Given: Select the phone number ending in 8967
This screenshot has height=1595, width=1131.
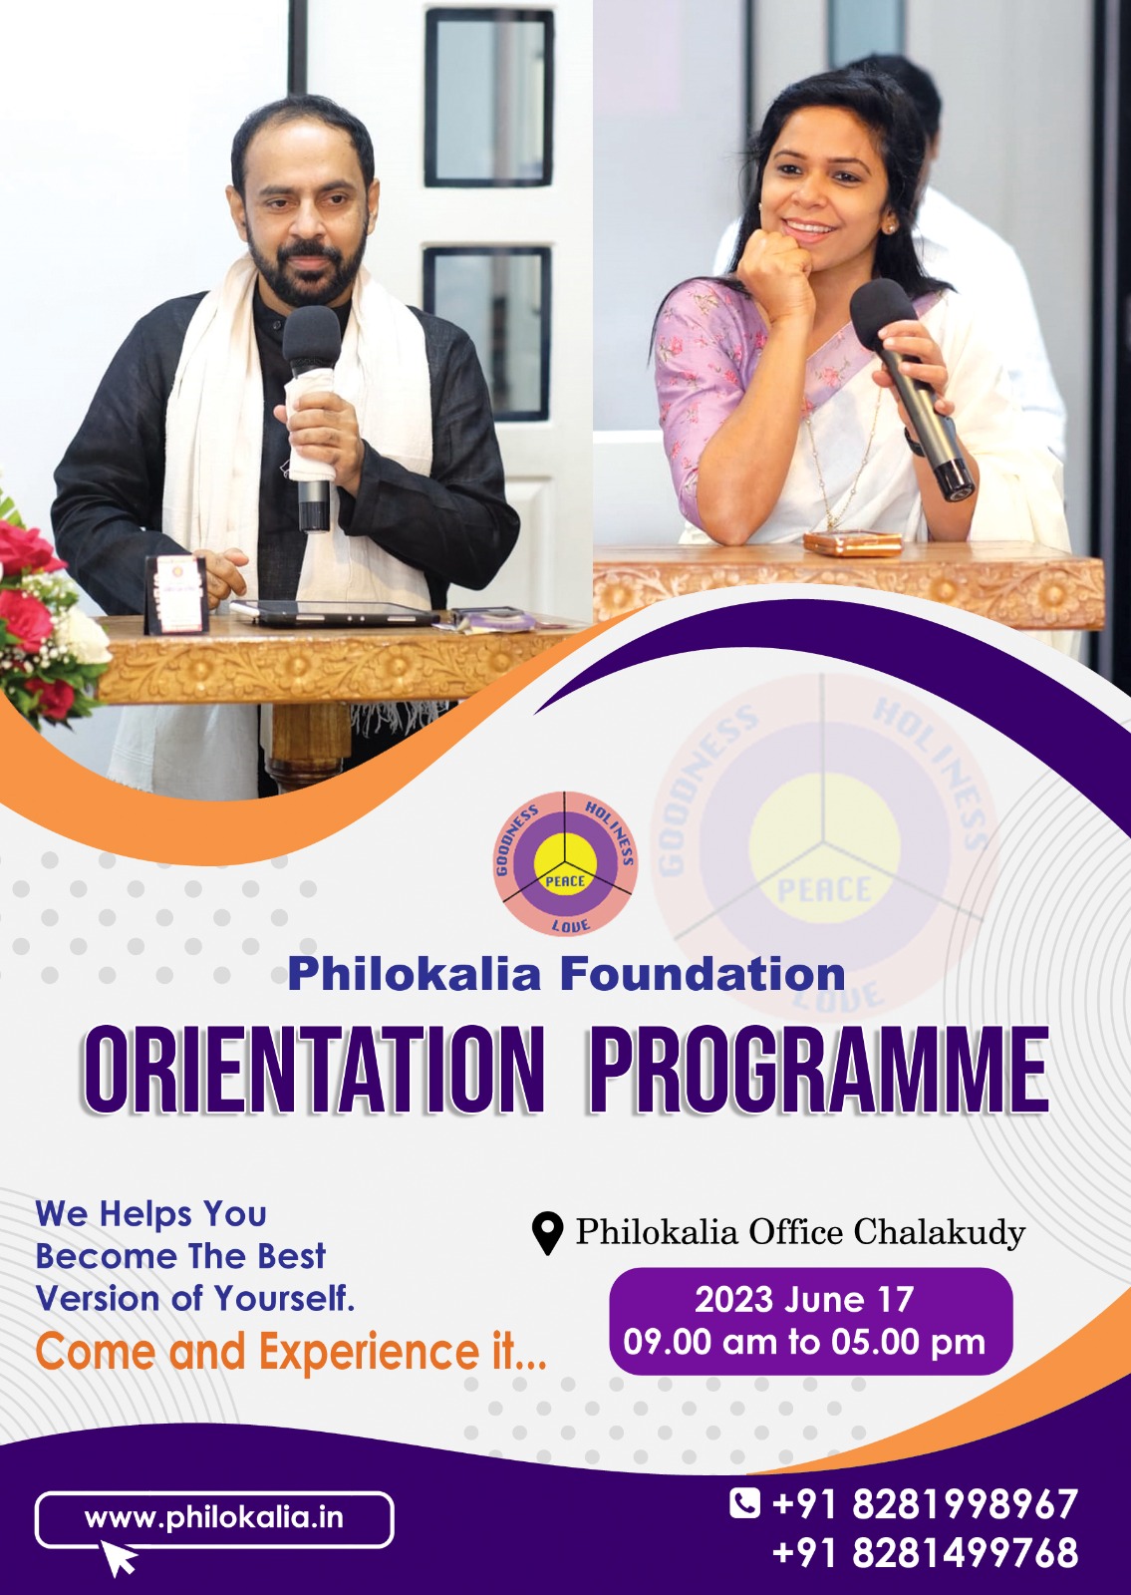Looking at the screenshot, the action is pos(925,1504).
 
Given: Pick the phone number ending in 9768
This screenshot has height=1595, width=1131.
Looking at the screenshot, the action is pos(925,1552).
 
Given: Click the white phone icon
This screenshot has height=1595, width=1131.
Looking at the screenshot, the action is pos(744,1504).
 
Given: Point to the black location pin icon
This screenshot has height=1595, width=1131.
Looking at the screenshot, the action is pos(547,1234).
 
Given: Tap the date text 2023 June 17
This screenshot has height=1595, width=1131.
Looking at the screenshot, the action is pos(803,1300).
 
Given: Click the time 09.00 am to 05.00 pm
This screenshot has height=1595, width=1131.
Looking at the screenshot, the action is pos(804,1342).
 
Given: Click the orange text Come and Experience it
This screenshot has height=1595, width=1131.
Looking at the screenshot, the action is pos(291,1352).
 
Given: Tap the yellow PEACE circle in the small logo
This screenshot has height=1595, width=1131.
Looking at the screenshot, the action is pos(565,862).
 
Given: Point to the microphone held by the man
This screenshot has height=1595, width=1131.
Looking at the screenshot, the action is pos(311,419).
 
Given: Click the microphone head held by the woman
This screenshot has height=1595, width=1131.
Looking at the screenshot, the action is pos(883,313).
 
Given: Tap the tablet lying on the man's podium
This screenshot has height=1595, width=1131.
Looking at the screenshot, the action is pos(335,612).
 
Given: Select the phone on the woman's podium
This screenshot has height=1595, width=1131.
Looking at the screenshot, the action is pos(853,544).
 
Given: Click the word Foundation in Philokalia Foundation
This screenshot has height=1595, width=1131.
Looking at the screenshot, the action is pos(703,974).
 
